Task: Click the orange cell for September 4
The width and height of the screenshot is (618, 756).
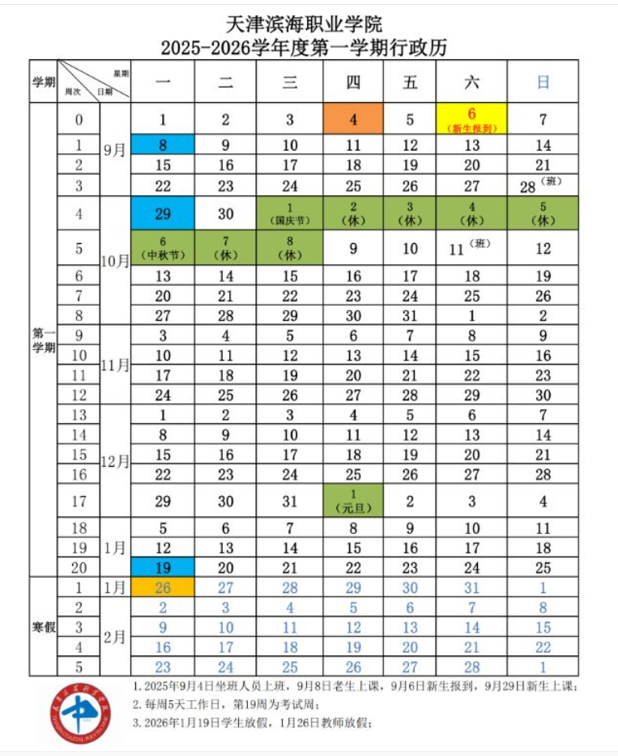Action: tap(353, 119)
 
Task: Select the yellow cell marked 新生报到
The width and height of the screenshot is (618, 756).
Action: tap(471, 119)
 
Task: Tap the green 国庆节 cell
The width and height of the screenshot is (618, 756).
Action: tap(289, 214)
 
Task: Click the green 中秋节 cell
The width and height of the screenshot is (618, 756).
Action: tap(163, 248)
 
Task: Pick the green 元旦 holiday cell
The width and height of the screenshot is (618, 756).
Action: tap(353, 501)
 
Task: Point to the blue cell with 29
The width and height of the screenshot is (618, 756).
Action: tap(163, 214)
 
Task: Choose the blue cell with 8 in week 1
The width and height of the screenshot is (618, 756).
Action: tap(163, 145)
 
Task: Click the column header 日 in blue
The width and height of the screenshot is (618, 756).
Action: tap(543, 81)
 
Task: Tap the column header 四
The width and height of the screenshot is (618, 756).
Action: tap(353, 81)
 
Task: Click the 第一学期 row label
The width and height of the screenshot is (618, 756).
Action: tap(44, 340)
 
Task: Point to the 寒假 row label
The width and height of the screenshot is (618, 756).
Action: tap(44, 626)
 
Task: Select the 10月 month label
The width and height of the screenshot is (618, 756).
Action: tap(115, 261)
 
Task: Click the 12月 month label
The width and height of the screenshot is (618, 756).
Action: tap(115, 461)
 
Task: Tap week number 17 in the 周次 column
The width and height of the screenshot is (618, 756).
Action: tap(79, 501)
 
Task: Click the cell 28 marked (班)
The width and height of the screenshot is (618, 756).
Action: tap(543, 186)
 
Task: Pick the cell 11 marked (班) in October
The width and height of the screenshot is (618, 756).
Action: tap(471, 248)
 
